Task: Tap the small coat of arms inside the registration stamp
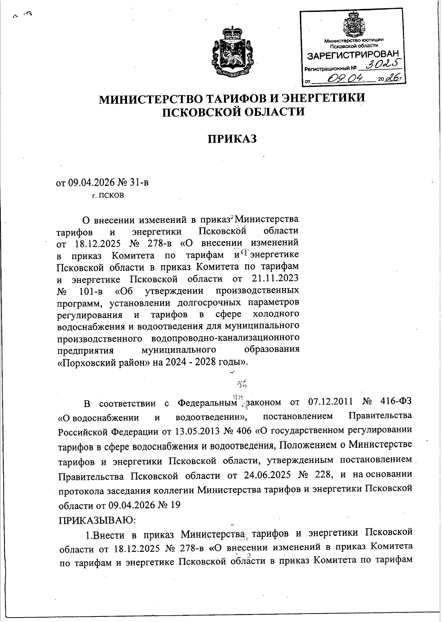point(354,25)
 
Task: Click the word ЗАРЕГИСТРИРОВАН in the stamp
point(354,56)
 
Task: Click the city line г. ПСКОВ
point(108,196)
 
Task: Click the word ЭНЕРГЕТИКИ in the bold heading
point(323,99)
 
